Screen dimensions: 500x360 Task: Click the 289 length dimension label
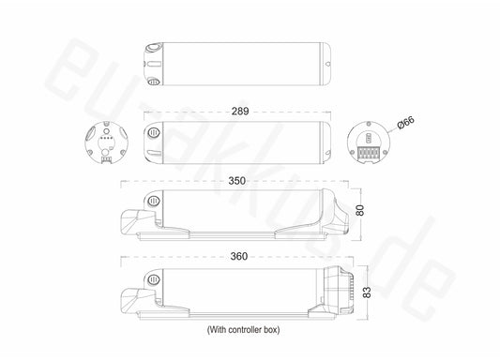(240, 112)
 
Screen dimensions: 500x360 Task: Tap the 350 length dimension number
(237, 181)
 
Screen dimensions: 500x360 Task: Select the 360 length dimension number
(239, 256)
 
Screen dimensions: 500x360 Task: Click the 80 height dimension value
(359, 210)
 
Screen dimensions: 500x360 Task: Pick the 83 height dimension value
(367, 292)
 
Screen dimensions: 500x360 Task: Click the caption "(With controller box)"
(243, 330)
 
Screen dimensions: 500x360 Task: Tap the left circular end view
(106, 142)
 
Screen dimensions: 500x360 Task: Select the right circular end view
(369, 142)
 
